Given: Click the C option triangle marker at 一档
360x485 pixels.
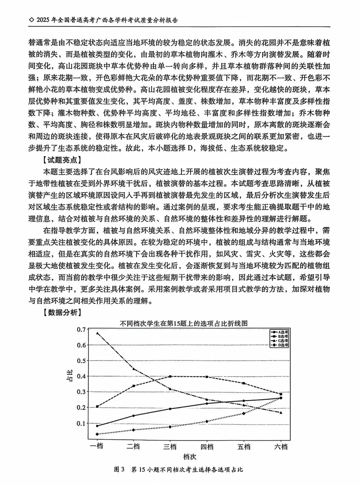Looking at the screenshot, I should click(97, 333).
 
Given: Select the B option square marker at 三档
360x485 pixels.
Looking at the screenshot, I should click(170, 376).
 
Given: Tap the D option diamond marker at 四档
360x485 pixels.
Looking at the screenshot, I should click(207, 421).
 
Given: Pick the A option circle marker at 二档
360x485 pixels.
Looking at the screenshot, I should click(134, 416).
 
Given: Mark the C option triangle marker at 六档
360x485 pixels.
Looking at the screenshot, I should click(281, 413).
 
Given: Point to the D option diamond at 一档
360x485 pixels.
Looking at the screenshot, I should click(97, 434).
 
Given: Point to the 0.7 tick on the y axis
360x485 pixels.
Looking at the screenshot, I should click(81, 329).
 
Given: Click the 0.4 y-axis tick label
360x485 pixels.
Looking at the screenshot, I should click(81, 376).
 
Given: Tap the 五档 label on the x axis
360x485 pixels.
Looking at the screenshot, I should click(244, 447).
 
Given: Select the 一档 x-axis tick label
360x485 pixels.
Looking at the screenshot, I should click(97, 447).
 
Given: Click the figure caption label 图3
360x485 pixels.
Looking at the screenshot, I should click(119, 470).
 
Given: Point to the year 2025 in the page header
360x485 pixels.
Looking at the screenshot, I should click(44, 20).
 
